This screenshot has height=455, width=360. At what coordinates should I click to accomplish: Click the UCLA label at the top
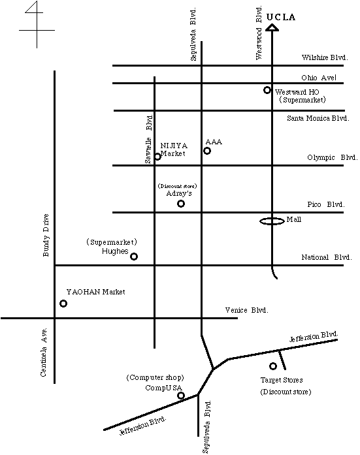(x=281, y=17)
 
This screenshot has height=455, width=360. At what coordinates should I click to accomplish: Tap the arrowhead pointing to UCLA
(x=272, y=27)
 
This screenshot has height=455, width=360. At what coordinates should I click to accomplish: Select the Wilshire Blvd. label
(x=325, y=57)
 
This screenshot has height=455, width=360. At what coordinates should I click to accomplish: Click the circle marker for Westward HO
(x=267, y=90)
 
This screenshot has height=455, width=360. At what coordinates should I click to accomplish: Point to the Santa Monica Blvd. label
(x=318, y=118)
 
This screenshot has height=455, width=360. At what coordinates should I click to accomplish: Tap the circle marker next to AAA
(x=207, y=151)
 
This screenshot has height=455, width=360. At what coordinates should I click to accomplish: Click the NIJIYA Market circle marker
(x=157, y=157)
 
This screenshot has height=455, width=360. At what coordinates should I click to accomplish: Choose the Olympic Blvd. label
(x=333, y=157)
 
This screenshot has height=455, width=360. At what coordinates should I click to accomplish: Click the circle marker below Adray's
(x=181, y=204)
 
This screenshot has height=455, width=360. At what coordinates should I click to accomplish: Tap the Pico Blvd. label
(x=326, y=204)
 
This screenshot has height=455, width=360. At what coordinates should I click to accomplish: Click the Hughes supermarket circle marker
(x=134, y=257)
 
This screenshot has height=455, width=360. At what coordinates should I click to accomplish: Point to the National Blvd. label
(x=327, y=257)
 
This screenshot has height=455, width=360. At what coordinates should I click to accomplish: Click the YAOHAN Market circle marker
(x=63, y=304)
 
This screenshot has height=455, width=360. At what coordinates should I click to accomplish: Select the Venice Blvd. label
(x=247, y=310)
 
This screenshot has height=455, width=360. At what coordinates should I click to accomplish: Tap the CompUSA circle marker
(x=181, y=396)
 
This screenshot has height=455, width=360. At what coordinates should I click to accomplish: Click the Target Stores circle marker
(x=273, y=366)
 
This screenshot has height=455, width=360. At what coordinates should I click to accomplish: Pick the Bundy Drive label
(x=46, y=236)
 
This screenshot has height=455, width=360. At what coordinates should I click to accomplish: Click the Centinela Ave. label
(x=44, y=353)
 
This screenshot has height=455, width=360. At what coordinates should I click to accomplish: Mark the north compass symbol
(x=37, y=25)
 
